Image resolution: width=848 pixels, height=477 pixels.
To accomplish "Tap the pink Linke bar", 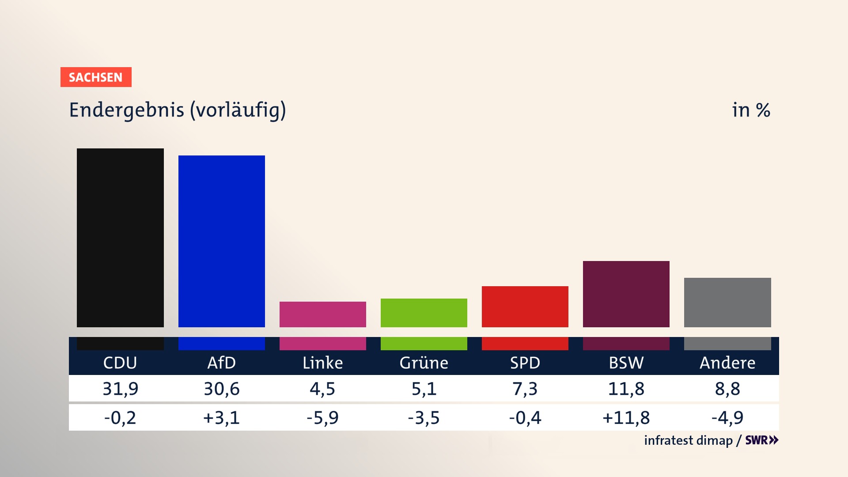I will point(322,314).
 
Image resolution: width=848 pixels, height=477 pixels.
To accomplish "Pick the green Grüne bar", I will point(424,313).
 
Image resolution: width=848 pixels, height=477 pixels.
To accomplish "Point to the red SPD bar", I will point(525,307).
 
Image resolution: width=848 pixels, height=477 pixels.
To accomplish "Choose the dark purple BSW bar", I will point(626,294).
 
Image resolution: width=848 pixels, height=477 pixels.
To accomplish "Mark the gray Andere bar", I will point(727,302).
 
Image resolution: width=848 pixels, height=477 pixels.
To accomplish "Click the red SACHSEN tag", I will point(96,77).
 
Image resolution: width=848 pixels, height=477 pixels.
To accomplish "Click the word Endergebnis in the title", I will point(126,110).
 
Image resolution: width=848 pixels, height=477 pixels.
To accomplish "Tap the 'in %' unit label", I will point(751,110).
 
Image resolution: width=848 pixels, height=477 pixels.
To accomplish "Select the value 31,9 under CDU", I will point(120,389).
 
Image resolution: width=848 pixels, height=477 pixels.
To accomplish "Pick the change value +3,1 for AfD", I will point(221,417).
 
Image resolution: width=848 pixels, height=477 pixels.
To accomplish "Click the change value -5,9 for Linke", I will point(322,417).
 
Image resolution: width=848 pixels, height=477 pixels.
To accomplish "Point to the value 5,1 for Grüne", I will point(424,389).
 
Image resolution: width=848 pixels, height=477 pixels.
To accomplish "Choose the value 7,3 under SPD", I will point(525,389).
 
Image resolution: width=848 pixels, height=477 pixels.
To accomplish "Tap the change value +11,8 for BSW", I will point(626,417).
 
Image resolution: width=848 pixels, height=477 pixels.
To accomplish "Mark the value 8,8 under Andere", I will point(727,389).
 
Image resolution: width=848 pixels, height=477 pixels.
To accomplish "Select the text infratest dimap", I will point(688,440).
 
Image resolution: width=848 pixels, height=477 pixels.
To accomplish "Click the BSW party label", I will point(626,363).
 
